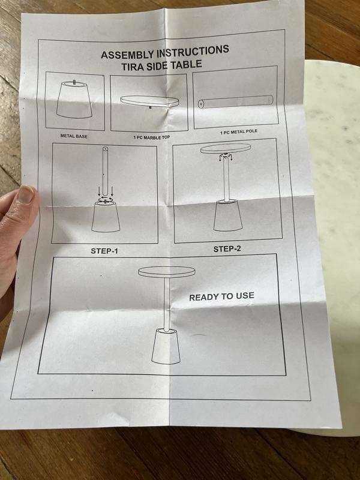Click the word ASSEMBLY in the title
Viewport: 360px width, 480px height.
coord(128,54)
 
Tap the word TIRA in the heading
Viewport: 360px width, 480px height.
coord(133,67)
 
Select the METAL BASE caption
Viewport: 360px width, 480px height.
coord(74,136)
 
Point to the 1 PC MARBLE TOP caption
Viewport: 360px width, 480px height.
coord(152,137)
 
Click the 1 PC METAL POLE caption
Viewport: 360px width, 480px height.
coord(239,132)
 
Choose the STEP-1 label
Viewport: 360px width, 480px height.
coord(104,251)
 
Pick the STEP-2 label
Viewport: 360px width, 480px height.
coord(227,249)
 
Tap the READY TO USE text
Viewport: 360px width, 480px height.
coord(221,296)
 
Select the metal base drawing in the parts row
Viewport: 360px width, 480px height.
coord(74,100)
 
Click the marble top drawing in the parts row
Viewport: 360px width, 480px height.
coord(149,101)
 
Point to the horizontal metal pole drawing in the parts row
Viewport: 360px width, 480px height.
coord(235,101)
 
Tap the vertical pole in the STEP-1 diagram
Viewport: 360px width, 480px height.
coord(106,172)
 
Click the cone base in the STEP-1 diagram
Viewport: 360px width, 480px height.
coord(106,217)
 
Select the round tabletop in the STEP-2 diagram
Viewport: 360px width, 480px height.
coord(226,148)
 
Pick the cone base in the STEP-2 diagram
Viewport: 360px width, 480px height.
coord(228,215)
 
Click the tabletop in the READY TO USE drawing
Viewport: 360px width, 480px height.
coord(167,272)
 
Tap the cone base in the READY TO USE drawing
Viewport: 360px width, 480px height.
coord(166,347)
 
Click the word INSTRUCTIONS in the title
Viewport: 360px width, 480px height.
coord(193,51)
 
